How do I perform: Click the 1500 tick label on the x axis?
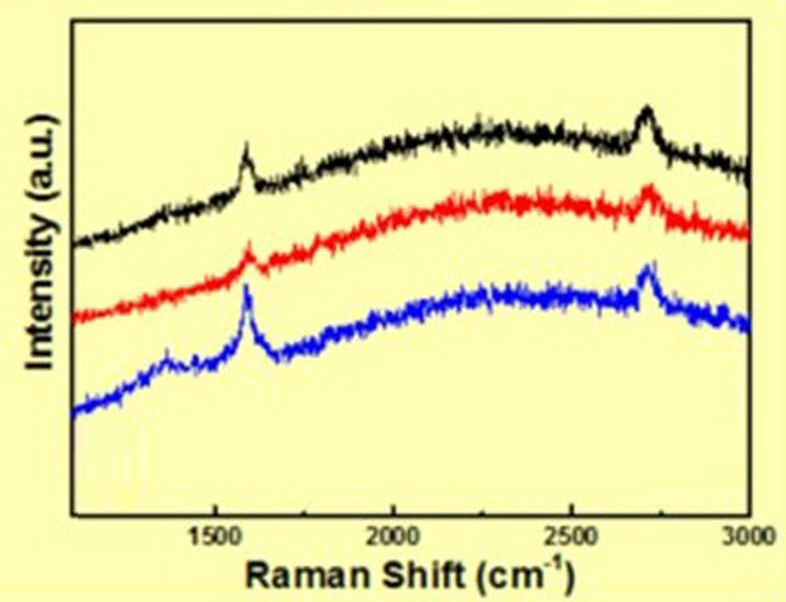214,537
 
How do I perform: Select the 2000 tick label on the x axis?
393,537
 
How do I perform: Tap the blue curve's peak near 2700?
647,266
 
